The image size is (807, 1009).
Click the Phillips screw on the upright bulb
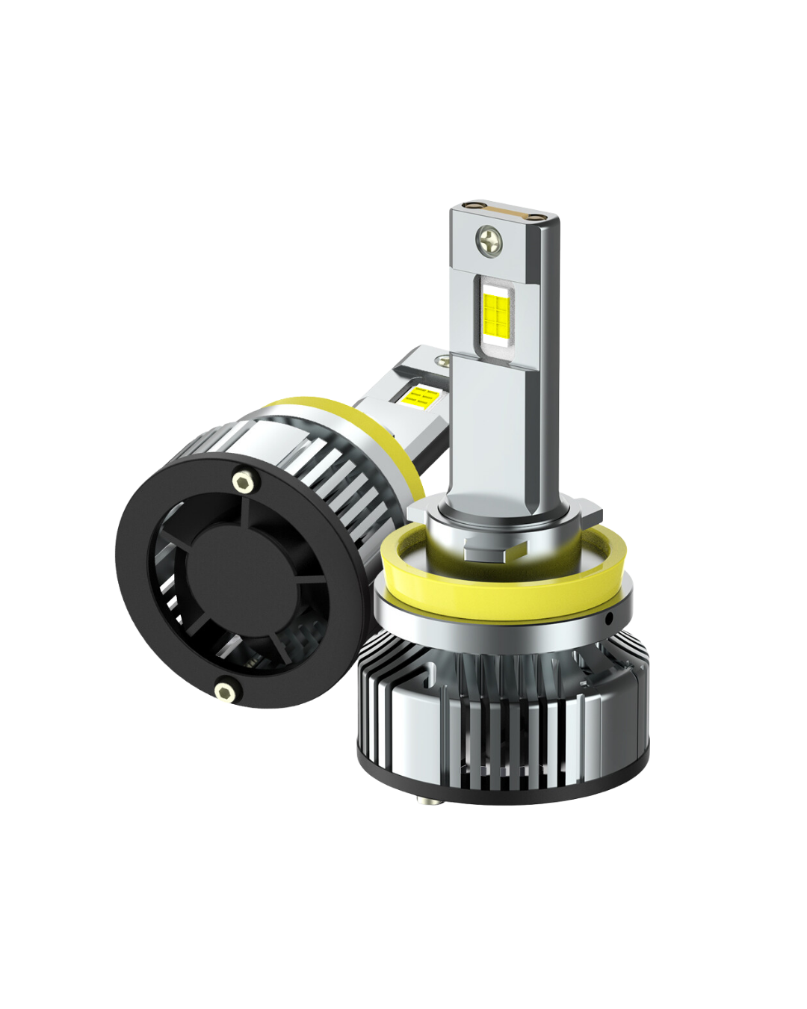click(x=490, y=239)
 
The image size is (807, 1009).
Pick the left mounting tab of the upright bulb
click(x=420, y=516)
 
